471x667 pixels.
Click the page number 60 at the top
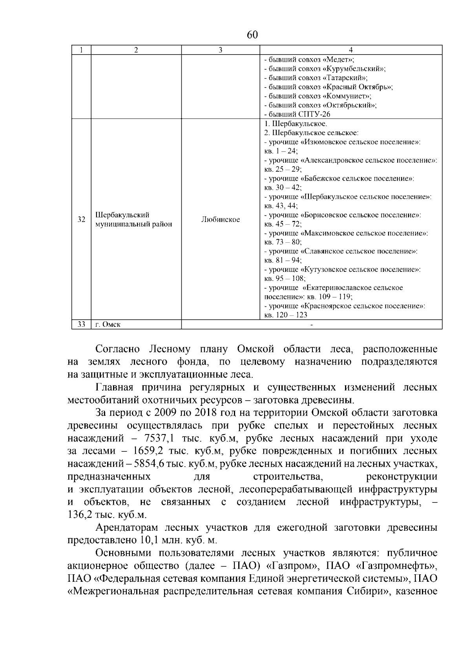252,35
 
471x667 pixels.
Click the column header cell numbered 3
220,50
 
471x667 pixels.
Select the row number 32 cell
81,220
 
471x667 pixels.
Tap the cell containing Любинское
220,220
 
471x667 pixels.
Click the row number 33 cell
81,324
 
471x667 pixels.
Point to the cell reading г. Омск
108,324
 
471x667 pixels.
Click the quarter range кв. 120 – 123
286,315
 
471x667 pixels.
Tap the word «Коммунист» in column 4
347,96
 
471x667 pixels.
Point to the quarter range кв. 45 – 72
283,224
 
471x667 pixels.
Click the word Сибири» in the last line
367,592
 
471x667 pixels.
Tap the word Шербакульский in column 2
123,215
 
